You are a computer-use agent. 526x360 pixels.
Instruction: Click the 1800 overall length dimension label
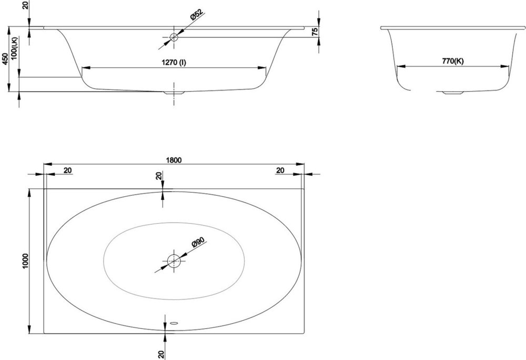coord(174,160)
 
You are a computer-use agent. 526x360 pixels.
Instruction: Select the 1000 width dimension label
coord(25,261)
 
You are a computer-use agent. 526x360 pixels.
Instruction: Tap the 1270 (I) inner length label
coord(174,63)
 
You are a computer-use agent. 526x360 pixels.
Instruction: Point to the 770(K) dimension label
coord(453,61)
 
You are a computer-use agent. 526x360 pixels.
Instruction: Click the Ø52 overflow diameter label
coord(197,15)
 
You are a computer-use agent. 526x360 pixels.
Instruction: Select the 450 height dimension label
coord(5,59)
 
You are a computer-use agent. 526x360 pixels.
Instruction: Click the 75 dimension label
coord(315,32)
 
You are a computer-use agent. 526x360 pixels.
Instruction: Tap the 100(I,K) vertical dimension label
coord(14,48)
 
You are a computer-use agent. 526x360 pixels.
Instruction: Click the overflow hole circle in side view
coord(174,37)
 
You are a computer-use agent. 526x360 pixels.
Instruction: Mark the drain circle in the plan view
coord(174,261)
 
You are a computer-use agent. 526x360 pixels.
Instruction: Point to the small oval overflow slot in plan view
coord(174,323)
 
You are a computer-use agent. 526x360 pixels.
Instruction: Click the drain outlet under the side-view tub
coord(174,92)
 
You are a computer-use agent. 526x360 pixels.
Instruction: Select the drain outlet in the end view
coord(453,92)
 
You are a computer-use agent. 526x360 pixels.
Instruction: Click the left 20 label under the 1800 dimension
coord(68,171)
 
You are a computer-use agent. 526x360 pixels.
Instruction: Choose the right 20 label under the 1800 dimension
coord(280,171)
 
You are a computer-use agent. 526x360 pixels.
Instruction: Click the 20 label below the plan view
coord(161,354)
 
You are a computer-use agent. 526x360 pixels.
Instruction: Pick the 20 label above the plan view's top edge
coord(159,175)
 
